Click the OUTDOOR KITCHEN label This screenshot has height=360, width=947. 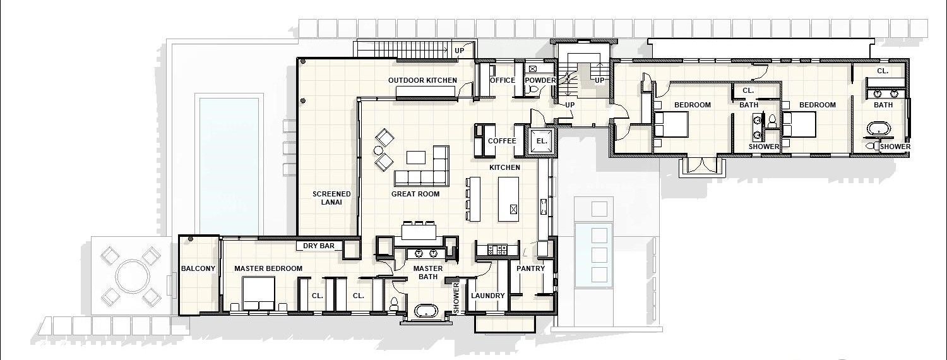[x=422, y=80]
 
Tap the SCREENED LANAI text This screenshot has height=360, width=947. [x=331, y=198]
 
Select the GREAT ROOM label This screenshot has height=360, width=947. [x=415, y=194]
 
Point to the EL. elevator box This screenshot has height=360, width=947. [x=542, y=141]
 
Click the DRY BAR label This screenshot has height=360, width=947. [x=318, y=246]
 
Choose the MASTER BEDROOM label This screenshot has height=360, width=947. [x=268, y=268]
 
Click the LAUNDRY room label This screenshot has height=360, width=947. [x=488, y=296]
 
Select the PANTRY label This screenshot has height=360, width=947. [x=530, y=268]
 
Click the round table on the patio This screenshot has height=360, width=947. [x=131, y=276]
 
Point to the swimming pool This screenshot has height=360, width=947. [x=229, y=164]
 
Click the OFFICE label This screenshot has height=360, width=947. [x=503, y=80]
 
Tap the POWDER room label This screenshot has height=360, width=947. [x=540, y=80]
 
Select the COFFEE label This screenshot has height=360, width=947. [x=502, y=141]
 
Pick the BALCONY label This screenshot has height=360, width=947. [x=198, y=268]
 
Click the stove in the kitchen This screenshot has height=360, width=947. [x=497, y=250]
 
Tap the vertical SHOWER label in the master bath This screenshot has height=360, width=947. [x=456, y=297]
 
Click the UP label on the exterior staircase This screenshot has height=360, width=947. [x=459, y=50]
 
